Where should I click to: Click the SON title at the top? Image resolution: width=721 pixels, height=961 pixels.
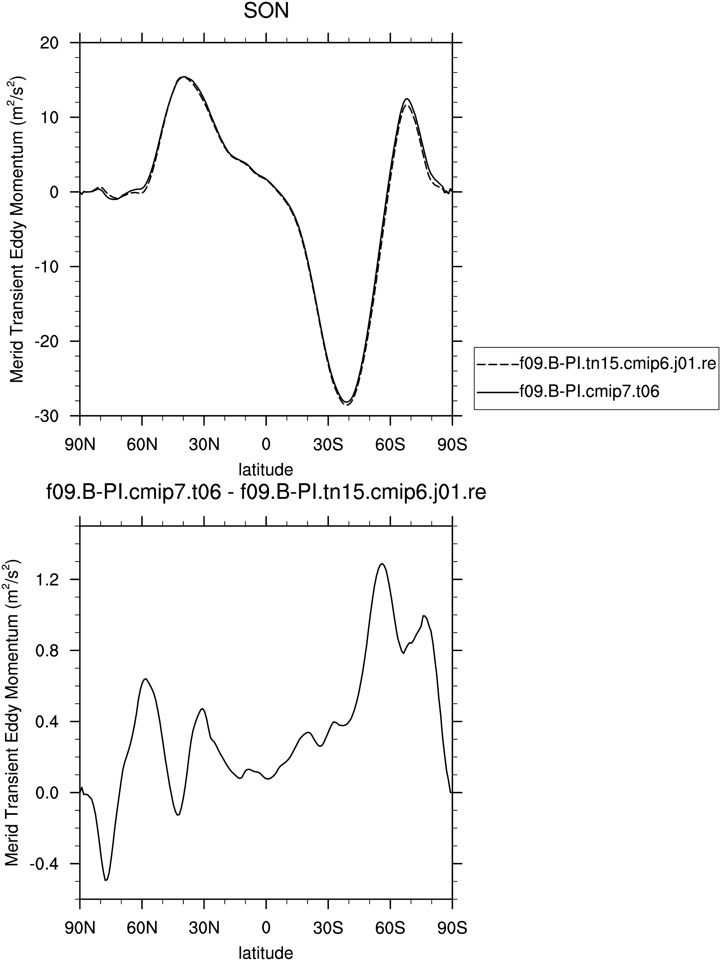266,11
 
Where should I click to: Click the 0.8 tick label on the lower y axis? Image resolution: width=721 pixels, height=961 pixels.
47,650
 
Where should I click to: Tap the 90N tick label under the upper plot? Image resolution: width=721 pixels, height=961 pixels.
80,445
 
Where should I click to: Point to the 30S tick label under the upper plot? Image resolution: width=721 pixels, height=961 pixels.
328,445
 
